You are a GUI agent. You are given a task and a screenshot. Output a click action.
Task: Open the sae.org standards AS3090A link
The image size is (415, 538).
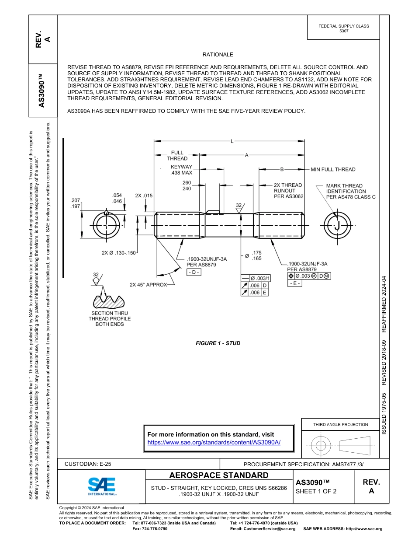pos(214,442)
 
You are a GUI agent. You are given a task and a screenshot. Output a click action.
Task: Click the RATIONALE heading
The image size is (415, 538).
pos(218,55)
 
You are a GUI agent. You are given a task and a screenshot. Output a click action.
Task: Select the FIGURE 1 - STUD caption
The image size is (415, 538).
pos(218,343)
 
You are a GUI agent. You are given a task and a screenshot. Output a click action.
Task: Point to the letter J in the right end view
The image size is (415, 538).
pos(337,226)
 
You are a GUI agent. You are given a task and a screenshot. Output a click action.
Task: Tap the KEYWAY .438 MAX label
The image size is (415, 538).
pos(181,170)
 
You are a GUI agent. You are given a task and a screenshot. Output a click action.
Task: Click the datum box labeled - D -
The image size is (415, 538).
pos(194,272)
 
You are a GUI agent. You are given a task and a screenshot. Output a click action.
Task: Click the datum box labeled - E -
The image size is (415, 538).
pos(294,283)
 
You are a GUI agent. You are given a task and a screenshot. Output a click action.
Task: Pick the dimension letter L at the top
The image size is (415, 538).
pos(232,141)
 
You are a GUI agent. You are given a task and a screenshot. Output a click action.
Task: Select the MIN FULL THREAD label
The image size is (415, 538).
pos(333,169)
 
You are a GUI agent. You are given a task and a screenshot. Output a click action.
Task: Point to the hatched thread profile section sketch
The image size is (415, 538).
pos(108,300)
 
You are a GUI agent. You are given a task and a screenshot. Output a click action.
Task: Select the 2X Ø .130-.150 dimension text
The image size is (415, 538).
pos(119,253)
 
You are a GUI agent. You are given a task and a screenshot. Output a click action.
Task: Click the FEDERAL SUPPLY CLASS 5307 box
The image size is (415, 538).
pos(343,28)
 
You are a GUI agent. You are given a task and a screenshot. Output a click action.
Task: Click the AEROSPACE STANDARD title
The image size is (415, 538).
pos(219,475)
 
